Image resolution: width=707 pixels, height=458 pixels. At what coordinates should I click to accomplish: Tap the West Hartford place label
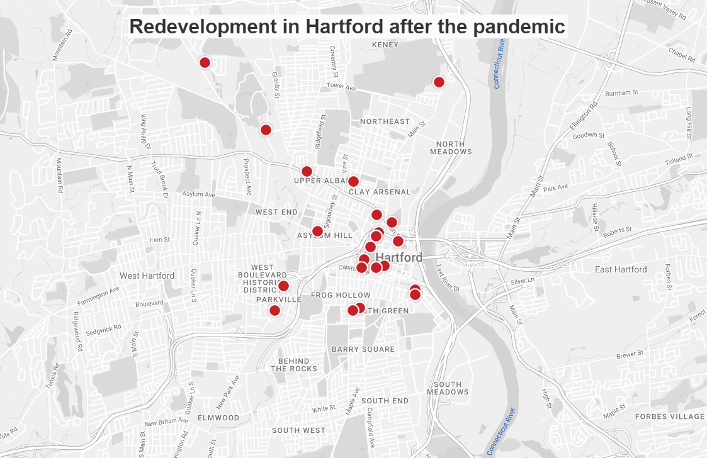(147, 276)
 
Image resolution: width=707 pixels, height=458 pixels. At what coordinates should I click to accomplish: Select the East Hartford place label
(621, 269)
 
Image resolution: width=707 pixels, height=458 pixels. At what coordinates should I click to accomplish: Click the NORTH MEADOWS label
(451, 147)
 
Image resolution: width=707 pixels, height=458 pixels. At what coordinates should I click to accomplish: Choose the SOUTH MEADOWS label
(448, 388)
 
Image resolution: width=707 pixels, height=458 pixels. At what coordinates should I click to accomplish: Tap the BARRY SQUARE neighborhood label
(363, 349)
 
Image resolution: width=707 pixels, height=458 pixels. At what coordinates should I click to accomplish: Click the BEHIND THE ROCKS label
(294, 365)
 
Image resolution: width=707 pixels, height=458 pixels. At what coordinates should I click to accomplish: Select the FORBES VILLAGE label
(669, 416)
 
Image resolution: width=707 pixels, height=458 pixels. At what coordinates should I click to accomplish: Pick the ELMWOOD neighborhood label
(218, 418)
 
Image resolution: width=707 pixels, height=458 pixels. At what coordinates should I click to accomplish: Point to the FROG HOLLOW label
(341, 295)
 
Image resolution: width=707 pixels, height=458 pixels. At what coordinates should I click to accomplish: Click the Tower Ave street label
(341, 86)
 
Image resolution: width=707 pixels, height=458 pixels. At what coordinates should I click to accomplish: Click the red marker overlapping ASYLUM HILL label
(317, 231)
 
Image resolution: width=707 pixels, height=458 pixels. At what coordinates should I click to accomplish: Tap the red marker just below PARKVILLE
(274, 310)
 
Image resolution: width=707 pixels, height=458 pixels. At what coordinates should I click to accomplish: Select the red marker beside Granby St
(266, 130)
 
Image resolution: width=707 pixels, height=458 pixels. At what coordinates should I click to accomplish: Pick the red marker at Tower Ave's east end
(439, 82)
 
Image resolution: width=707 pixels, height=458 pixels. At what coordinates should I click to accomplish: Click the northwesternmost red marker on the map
(205, 62)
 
